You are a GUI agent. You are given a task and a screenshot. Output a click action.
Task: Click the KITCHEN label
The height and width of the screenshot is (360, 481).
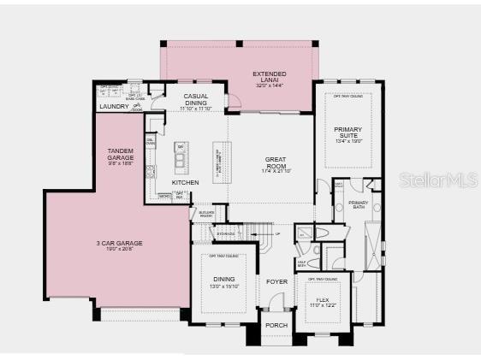[x=185, y=182]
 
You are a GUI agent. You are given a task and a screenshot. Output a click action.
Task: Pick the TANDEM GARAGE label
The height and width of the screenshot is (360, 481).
[x=120, y=155]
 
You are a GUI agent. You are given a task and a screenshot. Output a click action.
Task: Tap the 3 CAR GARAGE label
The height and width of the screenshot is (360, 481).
[x=119, y=244]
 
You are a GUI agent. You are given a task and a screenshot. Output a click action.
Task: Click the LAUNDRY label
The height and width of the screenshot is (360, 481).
[x=113, y=107]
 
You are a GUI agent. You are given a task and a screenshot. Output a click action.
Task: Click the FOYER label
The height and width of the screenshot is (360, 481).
[x=276, y=281]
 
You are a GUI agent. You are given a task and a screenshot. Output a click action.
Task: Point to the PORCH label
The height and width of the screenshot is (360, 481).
[x=276, y=324]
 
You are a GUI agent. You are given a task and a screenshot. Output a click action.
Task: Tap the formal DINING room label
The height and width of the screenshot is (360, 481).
[x=223, y=280]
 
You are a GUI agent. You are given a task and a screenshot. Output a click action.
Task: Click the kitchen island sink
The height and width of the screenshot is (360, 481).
[x=181, y=158]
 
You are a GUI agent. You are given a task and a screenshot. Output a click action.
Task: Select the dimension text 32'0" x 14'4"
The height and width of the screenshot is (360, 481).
[x=269, y=86]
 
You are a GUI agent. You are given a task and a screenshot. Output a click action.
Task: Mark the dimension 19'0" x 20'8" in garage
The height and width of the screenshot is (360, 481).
[x=119, y=251]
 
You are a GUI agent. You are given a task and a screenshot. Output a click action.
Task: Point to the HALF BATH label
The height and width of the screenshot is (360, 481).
[x=302, y=263]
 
